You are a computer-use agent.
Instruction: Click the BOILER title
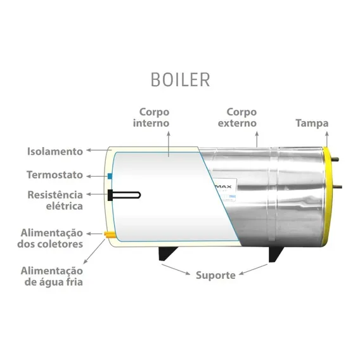[x=181, y=79]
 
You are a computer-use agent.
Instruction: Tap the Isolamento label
[x=55, y=151]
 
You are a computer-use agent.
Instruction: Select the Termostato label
[x=55, y=175]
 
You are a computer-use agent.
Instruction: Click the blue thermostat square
[x=110, y=176]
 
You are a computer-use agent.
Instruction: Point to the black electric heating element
[x=124, y=195]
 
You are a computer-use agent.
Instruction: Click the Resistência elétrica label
[x=55, y=200]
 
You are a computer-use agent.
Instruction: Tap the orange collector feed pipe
[x=109, y=235]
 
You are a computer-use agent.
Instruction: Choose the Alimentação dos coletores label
[x=50, y=238]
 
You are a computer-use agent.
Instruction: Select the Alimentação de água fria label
[x=52, y=276]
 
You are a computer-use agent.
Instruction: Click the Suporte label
[x=215, y=275]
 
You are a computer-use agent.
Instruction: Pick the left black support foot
[x=167, y=254]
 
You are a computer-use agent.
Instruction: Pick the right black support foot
[x=276, y=254]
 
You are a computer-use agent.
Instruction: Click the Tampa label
[x=312, y=124]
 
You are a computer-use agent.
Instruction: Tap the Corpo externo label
[x=237, y=117]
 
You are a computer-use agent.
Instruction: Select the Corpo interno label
[x=151, y=117]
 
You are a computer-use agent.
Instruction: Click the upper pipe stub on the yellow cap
[x=335, y=159]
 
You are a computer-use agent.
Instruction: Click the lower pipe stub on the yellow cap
[x=337, y=187]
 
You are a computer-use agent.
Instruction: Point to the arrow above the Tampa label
[x=327, y=139]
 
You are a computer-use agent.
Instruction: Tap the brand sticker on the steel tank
[x=225, y=190]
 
